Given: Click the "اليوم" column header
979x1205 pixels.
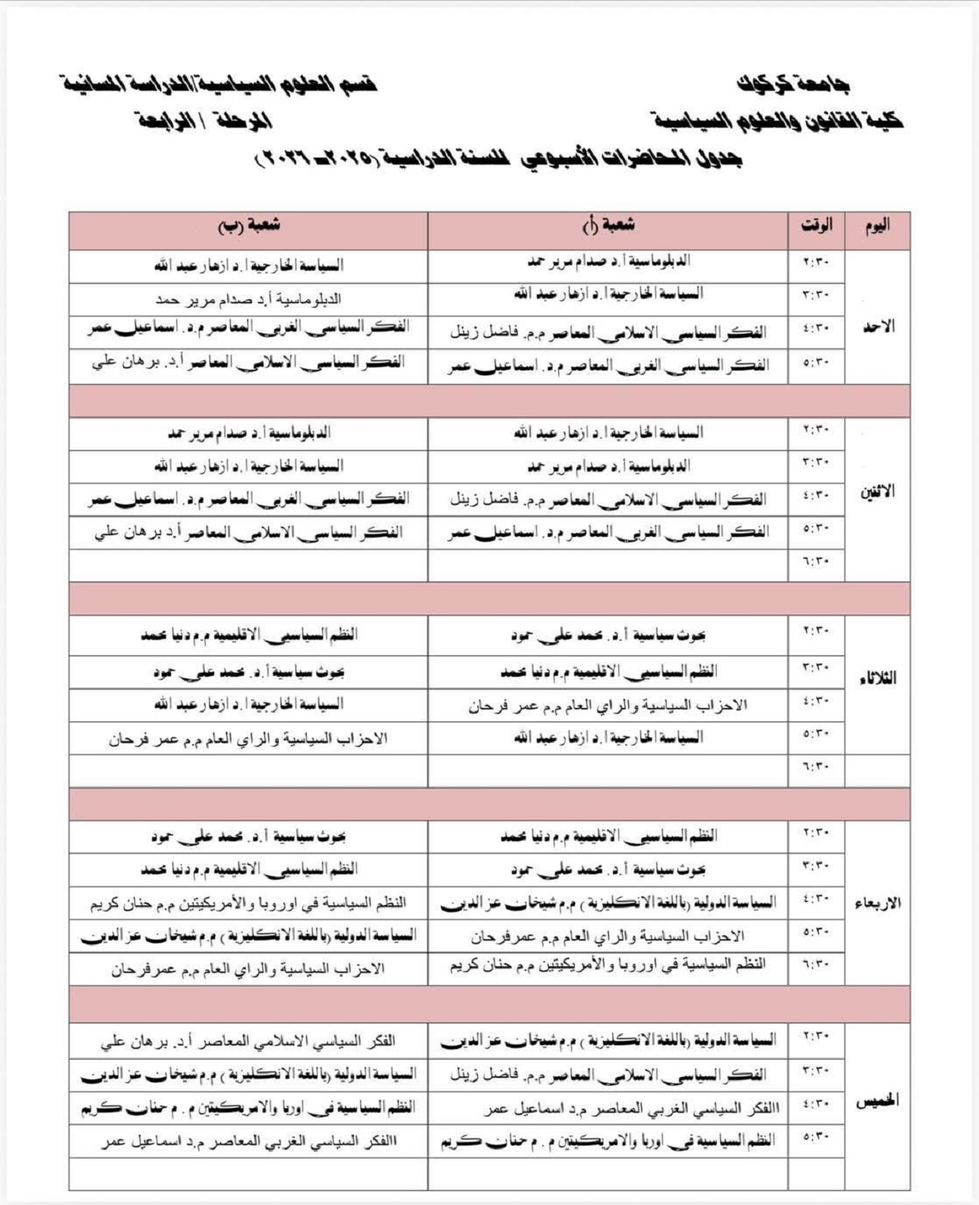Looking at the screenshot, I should point(877,226).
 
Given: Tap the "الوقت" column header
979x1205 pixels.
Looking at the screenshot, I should point(816,226).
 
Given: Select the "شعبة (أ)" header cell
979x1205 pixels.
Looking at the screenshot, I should point(608,225).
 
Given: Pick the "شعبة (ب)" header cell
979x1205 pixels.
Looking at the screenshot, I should point(249,225).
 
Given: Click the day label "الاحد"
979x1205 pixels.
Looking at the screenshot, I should point(877,327).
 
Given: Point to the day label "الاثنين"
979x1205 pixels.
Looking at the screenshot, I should point(877,493).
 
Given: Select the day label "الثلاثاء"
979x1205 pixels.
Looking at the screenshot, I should point(877,679).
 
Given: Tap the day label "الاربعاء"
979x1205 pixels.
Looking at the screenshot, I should point(877,903).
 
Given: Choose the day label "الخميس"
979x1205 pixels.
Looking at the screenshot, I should point(877,1101).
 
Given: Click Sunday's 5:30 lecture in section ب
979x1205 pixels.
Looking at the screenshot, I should point(249,364).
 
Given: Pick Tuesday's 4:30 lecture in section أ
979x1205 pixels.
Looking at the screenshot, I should point(608,706).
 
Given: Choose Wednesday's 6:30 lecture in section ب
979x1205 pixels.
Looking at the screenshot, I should point(249,969).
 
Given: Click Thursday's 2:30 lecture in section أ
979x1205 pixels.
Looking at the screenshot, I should point(608,1041).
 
